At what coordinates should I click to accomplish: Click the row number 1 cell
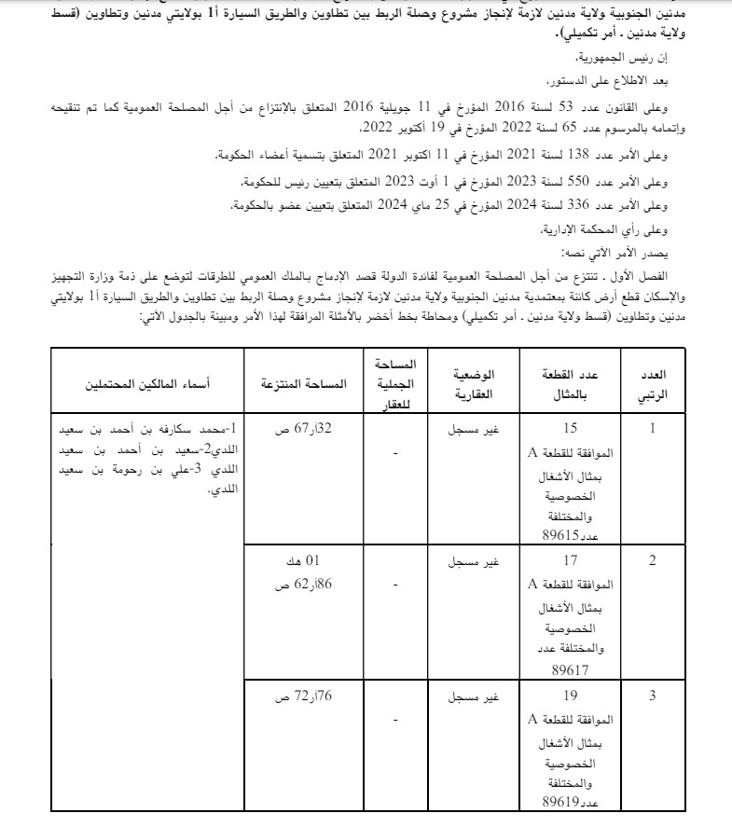(x=653, y=430)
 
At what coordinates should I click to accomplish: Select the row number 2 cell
(x=653, y=560)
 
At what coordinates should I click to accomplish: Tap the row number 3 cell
(x=653, y=696)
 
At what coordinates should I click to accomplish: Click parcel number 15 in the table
(x=571, y=431)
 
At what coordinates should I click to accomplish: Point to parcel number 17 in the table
(x=571, y=561)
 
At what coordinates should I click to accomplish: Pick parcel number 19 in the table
(x=571, y=696)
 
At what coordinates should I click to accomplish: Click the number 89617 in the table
(x=571, y=669)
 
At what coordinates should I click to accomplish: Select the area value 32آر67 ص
(x=295, y=431)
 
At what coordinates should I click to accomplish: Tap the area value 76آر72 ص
(x=295, y=696)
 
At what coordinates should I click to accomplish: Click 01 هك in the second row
(x=295, y=561)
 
